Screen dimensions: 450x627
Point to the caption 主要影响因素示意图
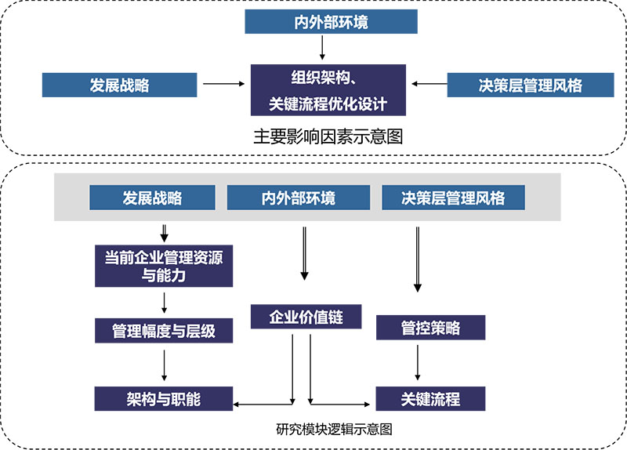(328, 136)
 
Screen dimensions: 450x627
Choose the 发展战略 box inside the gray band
(152, 198)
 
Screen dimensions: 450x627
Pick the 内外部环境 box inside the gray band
(298, 198)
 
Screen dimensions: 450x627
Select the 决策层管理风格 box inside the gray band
(453, 198)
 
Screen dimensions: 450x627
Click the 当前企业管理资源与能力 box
(164, 266)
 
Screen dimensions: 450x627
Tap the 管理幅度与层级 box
(164, 331)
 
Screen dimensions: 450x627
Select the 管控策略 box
(431, 328)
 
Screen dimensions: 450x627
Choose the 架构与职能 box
(164, 399)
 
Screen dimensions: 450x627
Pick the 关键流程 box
(431, 399)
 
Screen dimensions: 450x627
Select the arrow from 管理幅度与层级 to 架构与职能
(165, 365)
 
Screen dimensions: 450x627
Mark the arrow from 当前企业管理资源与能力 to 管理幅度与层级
(165, 302)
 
